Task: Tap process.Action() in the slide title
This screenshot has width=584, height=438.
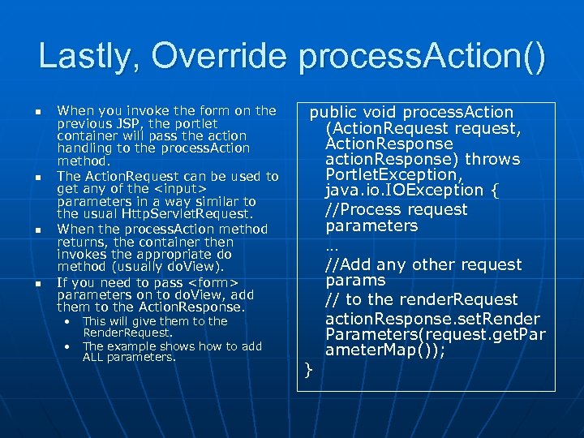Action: pos(422,57)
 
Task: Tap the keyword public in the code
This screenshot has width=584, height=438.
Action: pos(333,112)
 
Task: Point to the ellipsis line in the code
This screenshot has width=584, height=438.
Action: pos(331,245)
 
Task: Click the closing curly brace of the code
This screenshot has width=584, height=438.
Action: pos(308,371)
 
